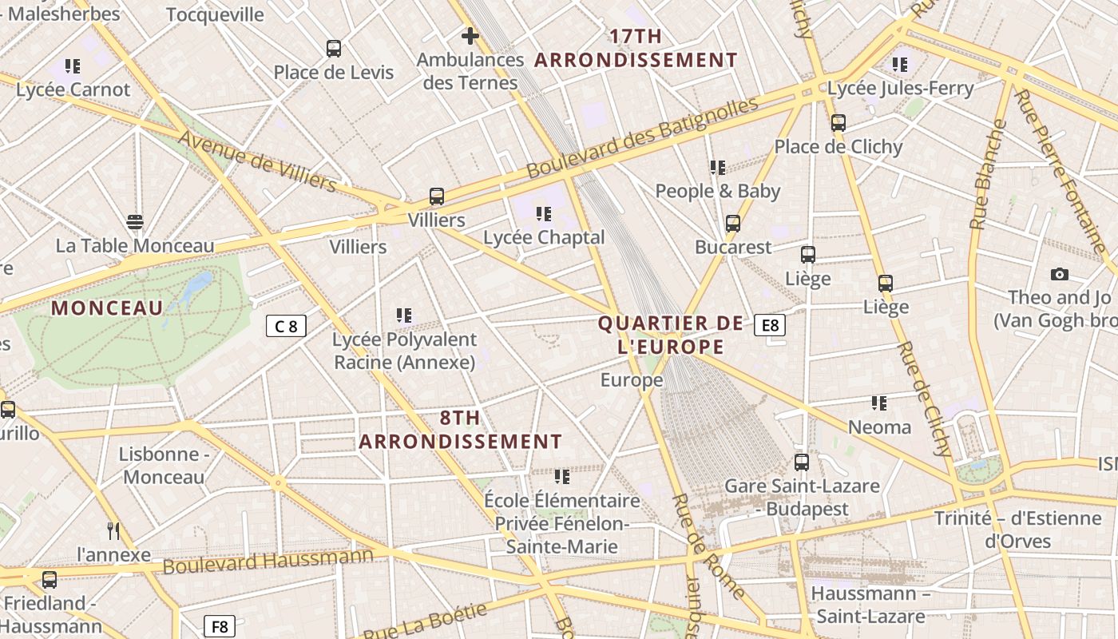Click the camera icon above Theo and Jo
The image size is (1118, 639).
coord(1060,274)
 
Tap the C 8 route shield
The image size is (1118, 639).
coord(286,326)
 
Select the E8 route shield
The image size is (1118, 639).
coord(770,325)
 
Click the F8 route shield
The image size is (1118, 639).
coord(219,626)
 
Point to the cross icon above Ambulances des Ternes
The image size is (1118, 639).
coord(470,36)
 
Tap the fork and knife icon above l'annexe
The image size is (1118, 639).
coord(113,530)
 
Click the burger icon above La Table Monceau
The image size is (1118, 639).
coord(135,221)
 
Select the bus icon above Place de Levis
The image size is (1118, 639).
coord(334,49)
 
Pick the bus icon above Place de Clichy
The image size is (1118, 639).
coord(838,123)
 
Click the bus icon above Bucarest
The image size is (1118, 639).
coord(733,224)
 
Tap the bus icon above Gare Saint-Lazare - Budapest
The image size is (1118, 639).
coord(802,462)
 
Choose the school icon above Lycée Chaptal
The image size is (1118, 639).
coord(544,214)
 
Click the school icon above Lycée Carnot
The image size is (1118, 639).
coord(73,66)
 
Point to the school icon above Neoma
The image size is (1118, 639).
coord(879,403)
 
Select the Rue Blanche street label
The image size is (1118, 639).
coord(989,175)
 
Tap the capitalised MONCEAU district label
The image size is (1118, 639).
coord(107,308)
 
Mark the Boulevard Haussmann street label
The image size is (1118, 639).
coord(268,561)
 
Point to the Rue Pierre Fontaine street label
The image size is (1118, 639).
coord(1061,171)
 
